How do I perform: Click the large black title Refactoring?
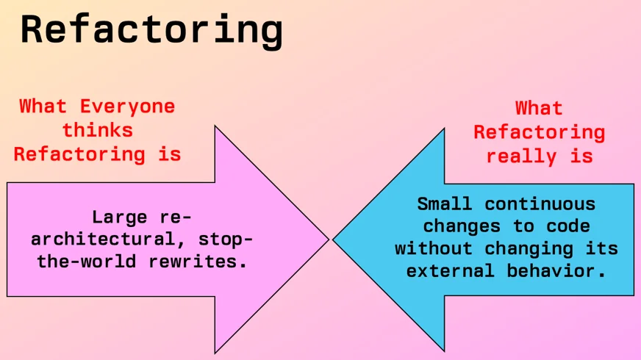pyautogui.click(x=151, y=29)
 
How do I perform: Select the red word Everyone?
pyautogui.click(x=127, y=106)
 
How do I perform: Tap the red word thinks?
pyautogui.click(x=97, y=130)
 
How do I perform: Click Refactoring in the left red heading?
pyautogui.click(x=79, y=154)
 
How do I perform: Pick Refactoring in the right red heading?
pyautogui.click(x=539, y=132)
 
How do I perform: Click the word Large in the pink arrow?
pyautogui.click(x=120, y=217)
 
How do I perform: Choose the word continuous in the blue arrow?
pyautogui.click(x=540, y=204)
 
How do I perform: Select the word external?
pyautogui.click(x=450, y=271)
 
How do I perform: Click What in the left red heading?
pyautogui.click(x=43, y=106)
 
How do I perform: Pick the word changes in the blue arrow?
pyautogui.click(x=462, y=226)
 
